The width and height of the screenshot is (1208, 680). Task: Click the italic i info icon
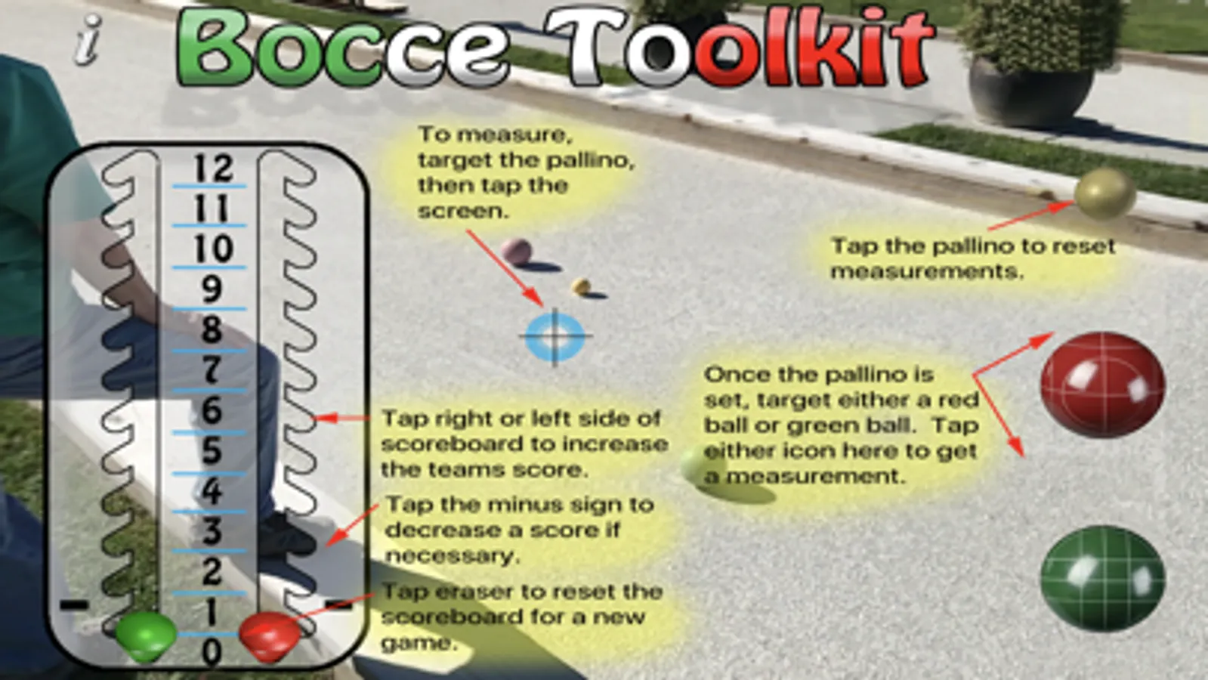(x=88, y=41)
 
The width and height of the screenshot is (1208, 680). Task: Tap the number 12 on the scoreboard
(x=214, y=168)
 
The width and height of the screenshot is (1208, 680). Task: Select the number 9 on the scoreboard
(x=212, y=289)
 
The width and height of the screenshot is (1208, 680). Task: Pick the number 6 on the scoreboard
(x=212, y=410)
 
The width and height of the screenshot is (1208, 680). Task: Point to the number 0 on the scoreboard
(x=212, y=652)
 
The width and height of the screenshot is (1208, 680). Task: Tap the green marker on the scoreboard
(x=146, y=636)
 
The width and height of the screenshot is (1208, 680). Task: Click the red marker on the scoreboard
(x=269, y=636)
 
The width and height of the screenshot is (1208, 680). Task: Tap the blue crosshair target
(x=555, y=336)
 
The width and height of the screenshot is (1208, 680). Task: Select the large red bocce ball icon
(x=1102, y=385)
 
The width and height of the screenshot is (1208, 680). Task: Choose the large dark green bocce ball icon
(x=1102, y=578)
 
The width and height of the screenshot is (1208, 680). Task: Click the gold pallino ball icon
(x=1105, y=193)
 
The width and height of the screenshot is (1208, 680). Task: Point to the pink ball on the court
(x=516, y=252)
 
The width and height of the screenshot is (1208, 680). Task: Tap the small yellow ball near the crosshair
(x=581, y=286)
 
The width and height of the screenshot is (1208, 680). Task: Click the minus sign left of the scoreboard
(x=74, y=605)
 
